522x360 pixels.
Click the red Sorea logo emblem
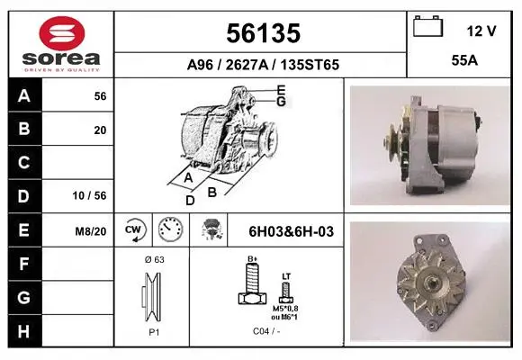(x=62, y=33)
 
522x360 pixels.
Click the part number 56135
(x=264, y=33)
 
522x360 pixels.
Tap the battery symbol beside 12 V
(x=427, y=26)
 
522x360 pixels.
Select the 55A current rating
(x=464, y=60)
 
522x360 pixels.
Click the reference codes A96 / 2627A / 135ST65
(x=263, y=65)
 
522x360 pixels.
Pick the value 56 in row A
(x=100, y=96)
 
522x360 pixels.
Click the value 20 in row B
(x=100, y=130)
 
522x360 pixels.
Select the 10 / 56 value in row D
(x=90, y=195)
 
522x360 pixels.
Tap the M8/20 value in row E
(x=91, y=231)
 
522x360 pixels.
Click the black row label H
(x=24, y=331)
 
